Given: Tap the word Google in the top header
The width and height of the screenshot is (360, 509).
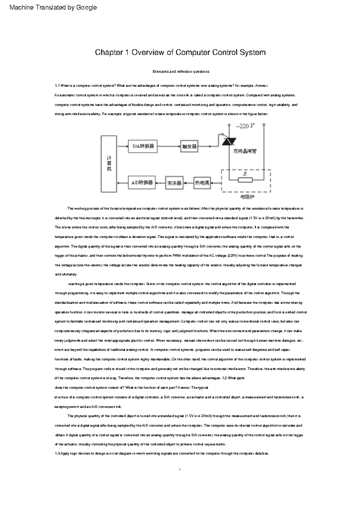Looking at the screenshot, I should point(86,7).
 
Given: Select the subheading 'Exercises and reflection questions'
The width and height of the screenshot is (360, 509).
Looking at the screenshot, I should point(181,71).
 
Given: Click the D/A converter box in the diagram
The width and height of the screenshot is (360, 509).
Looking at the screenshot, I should point(143,146).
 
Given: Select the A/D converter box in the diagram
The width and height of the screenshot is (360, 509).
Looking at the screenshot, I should point(142,183).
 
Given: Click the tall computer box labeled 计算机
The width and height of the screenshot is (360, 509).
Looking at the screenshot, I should point(109,164).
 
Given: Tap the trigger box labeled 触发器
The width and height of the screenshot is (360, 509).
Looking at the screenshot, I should point(189,146).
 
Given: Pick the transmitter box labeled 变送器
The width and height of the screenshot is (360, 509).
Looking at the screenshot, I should point(174,183).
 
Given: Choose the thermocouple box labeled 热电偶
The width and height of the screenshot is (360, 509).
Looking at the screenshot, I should point(202,183).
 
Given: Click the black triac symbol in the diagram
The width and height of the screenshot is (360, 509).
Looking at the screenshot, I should point(229,141).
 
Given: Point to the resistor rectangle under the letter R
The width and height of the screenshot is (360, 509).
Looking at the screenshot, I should point(245,180).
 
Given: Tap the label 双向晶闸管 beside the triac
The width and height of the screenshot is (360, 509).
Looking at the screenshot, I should point(245,151).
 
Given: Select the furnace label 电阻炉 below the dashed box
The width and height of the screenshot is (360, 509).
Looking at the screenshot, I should point(247,197).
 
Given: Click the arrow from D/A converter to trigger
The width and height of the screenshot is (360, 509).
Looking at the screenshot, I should point(169,146).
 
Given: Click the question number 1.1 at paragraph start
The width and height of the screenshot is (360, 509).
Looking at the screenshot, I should point(57,86).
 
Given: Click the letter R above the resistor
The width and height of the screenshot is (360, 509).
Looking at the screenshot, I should point(245,174).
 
